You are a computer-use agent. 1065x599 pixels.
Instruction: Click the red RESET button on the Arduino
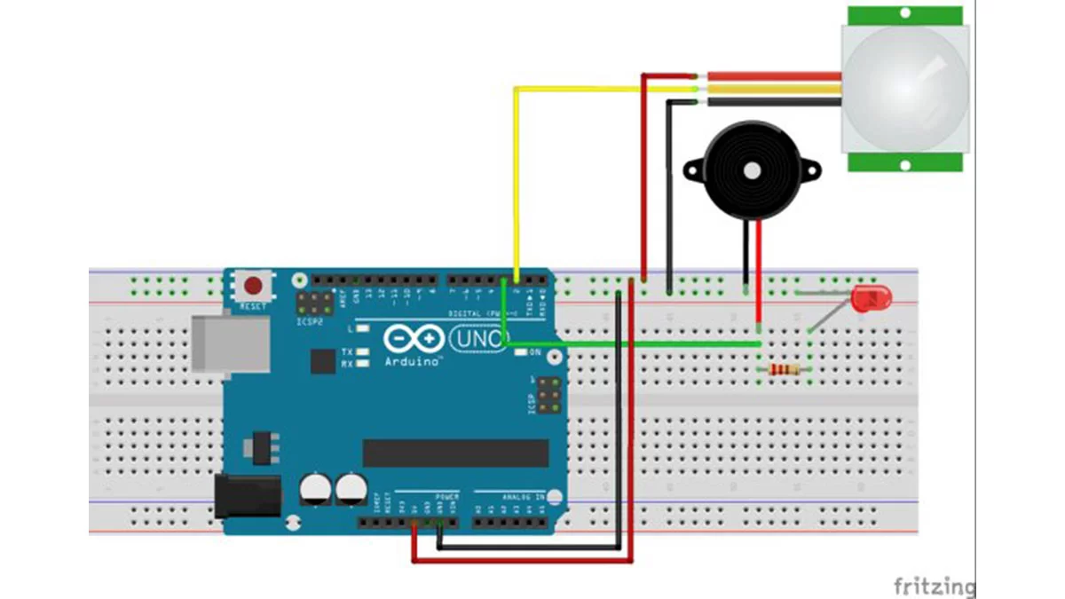tap(254, 287)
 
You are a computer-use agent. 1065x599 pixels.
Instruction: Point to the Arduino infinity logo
tap(414, 339)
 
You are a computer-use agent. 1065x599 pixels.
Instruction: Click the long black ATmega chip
tap(455, 453)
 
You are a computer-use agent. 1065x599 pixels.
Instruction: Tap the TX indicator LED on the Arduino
tap(362, 352)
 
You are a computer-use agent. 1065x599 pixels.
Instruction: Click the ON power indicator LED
tap(521, 352)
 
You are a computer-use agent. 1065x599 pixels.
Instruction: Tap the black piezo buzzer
tap(750, 169)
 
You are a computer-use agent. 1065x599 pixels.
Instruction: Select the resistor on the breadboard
tap(784, 369)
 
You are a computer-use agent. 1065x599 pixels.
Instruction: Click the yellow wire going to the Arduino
tap(516, 177)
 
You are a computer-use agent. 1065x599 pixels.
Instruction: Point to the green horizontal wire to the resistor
tap(639, 343)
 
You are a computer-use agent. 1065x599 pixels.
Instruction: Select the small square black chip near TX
tap(322, 360)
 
